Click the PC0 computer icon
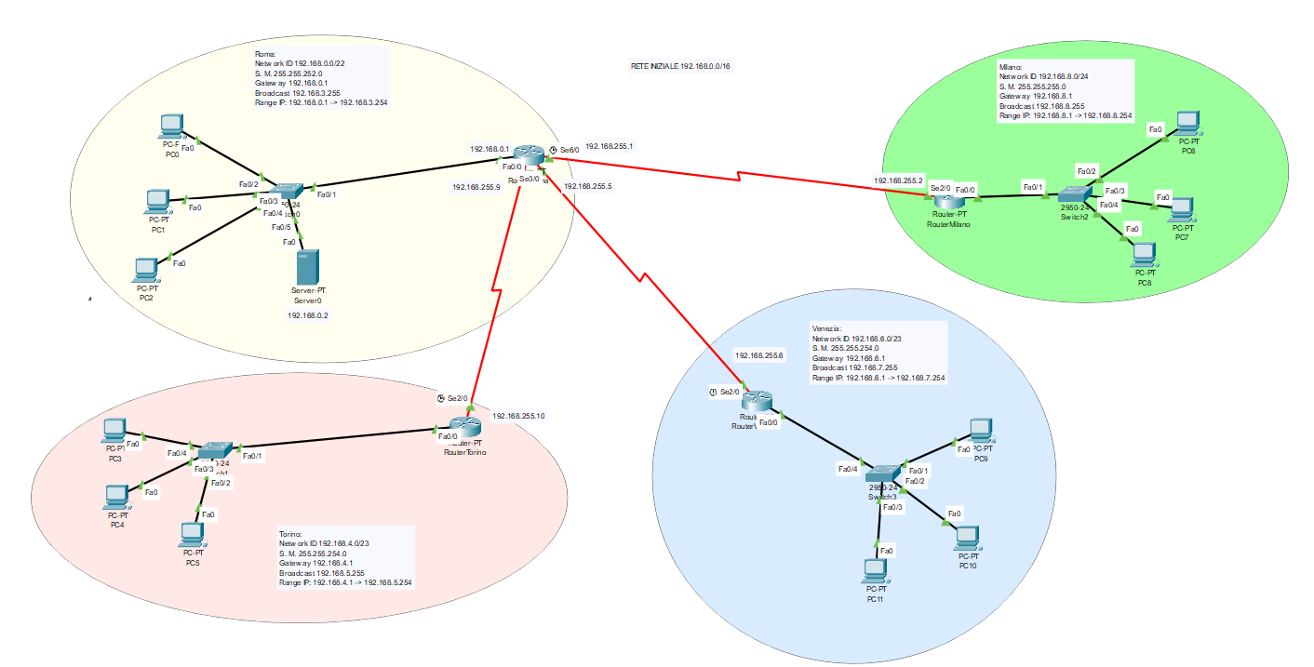171,126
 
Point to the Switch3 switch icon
887,474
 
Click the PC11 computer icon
875,569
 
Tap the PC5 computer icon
193,534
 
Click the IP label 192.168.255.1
610,146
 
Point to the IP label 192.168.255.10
518,416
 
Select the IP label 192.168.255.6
760,355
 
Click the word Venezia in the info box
826,328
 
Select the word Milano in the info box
1011,68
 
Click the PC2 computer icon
145,270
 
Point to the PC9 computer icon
979,429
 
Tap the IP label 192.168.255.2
898,180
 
